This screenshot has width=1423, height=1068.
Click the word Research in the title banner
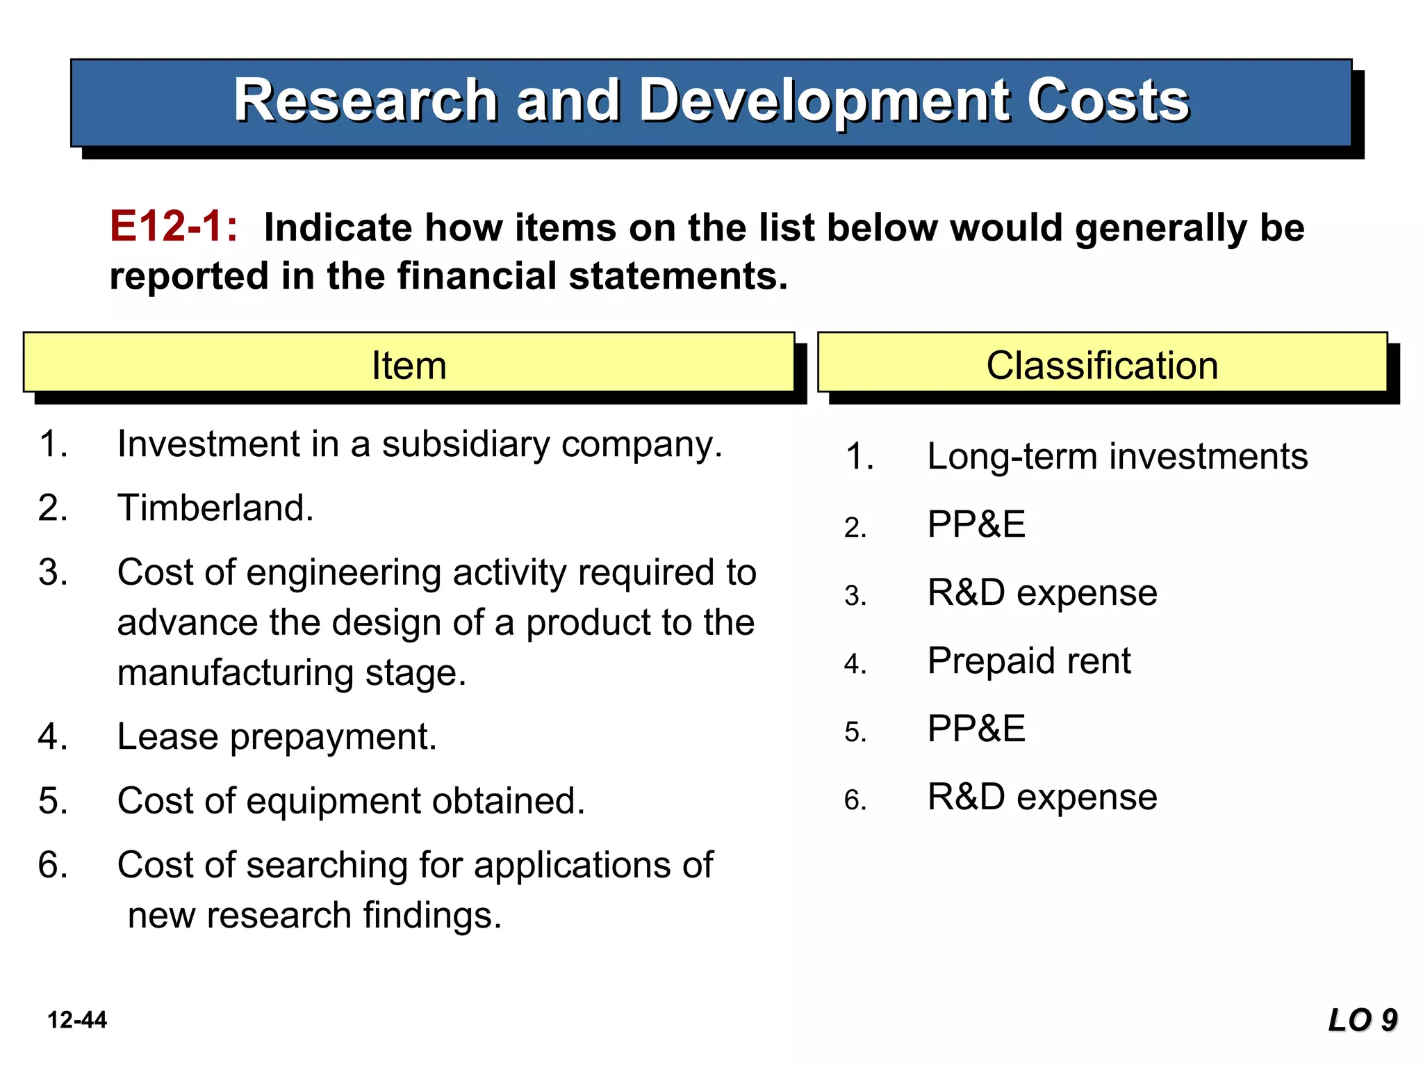pos(365,101)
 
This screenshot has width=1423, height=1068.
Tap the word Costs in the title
pos(1108,101)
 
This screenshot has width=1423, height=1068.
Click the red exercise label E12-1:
pos(174,227)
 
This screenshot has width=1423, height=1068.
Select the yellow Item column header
pos(409,364)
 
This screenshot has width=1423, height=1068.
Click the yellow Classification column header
pos(1102,364)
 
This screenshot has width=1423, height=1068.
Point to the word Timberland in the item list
pos(215,508)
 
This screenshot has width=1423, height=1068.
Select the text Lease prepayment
pos(277,736)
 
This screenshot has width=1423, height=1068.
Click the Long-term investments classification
pos(1117,457)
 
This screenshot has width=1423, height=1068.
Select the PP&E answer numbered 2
pos(976,524)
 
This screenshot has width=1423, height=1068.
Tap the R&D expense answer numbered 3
pos(1042,592)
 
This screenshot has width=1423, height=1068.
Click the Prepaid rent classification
pos(1029,661)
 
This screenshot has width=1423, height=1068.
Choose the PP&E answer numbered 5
pos(976,729)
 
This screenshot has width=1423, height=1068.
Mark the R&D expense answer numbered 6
pos(1042,797)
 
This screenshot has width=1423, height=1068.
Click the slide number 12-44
pos(77,1020)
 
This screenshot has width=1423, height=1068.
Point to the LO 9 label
pos(1362,1020)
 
